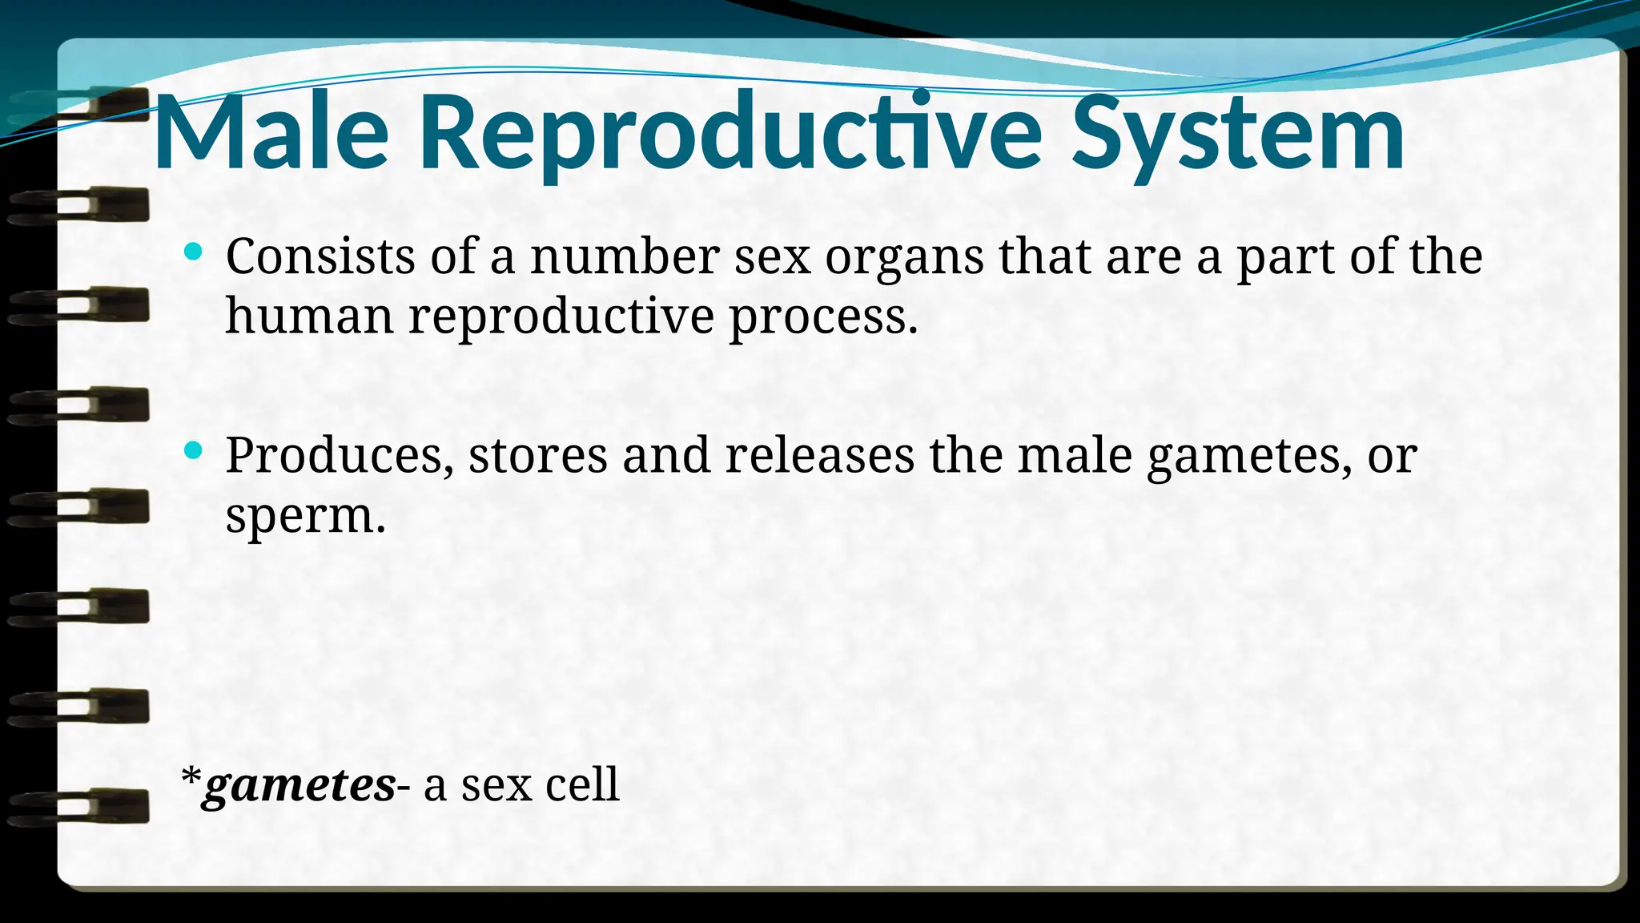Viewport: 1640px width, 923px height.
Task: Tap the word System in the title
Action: tap(1238, 133)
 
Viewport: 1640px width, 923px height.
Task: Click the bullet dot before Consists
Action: tap(192, 252)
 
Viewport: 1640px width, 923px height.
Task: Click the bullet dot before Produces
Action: tap(192, 450)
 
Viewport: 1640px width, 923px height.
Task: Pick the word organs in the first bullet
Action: tap(904, 258)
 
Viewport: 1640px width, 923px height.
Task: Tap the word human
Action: tap(309, 316)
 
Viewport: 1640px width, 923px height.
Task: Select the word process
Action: tap(822, 317)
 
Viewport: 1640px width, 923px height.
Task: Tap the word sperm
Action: tap(305, 516)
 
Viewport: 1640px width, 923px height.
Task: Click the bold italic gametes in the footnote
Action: tap(298, 785)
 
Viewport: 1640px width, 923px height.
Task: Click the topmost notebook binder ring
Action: tap(80, 105)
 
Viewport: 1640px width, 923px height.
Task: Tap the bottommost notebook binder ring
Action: tap(80, 806)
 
